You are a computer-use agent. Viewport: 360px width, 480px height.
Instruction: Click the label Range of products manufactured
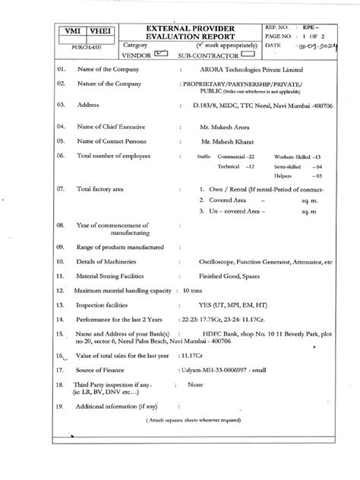click(121, 248)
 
